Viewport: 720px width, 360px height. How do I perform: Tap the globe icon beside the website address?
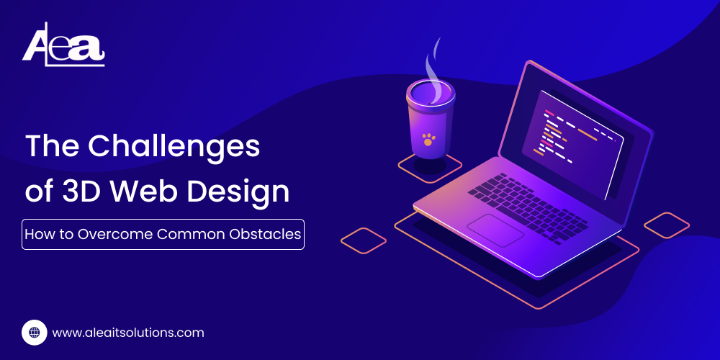[34, 333]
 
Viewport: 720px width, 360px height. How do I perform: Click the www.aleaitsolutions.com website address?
[128, 333]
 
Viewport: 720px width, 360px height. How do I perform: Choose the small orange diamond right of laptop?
[666, 225]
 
